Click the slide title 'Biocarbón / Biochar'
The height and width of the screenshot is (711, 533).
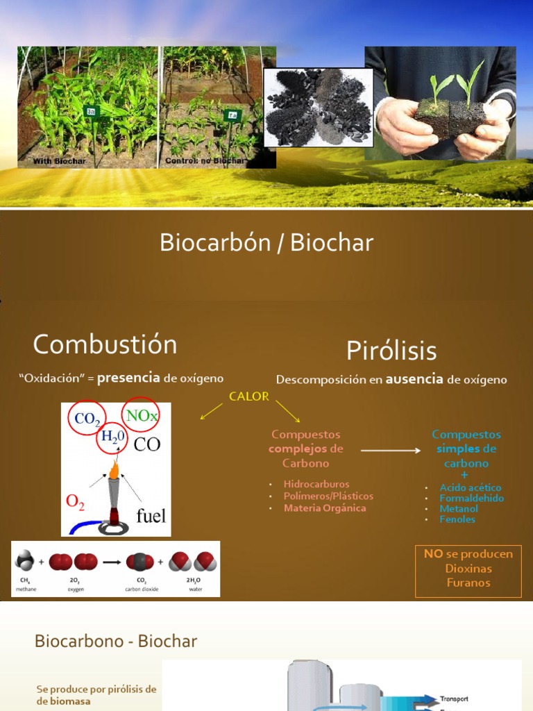266,243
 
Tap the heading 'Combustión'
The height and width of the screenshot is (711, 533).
105,344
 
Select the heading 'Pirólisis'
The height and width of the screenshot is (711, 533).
391,351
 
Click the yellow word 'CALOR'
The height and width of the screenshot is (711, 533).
248,396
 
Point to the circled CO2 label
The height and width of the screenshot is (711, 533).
87,419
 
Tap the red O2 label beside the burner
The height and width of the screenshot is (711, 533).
75,502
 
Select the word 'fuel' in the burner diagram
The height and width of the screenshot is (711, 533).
151,515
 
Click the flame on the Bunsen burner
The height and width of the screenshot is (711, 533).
114,471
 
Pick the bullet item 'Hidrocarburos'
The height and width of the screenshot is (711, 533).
316,484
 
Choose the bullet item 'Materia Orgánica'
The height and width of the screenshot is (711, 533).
324,508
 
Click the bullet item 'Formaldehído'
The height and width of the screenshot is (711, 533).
471,499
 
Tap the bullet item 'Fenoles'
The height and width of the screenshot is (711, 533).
457,519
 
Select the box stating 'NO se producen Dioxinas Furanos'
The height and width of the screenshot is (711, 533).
468,569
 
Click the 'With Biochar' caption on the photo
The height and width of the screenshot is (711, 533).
60,161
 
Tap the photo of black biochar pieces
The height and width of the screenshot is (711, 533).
318,107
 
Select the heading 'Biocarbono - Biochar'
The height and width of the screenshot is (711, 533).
115,642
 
